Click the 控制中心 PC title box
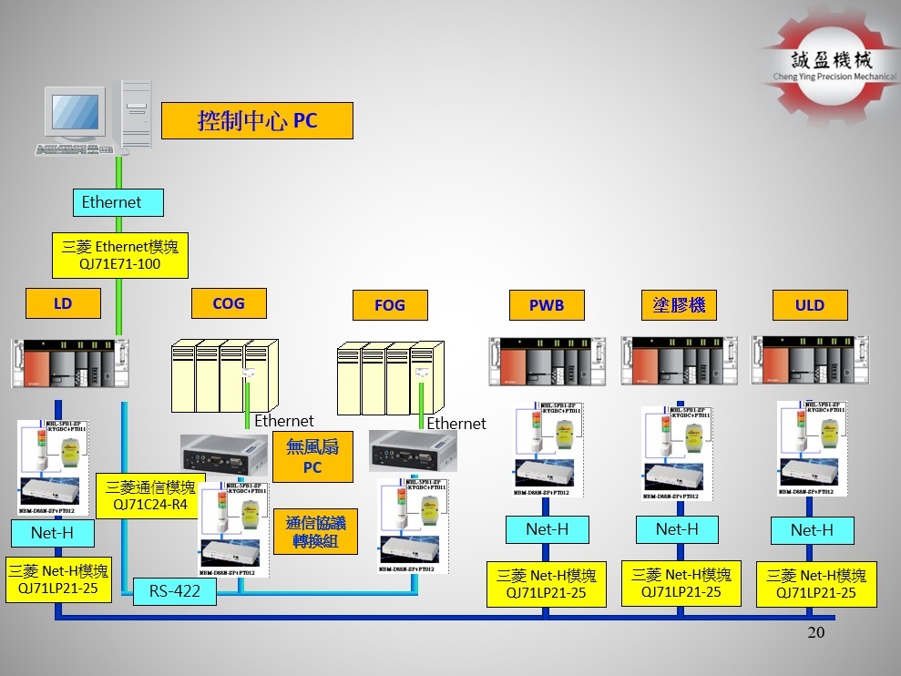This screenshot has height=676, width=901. click(257, 120)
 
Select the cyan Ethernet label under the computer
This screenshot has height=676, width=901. click(112, 202)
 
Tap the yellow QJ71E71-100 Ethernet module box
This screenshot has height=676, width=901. click(119, 254)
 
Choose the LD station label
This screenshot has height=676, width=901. click(62, 303)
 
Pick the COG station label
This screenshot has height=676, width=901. click(229, 303)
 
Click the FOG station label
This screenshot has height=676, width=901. click(389, 305)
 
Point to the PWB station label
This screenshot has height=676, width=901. click(546, 305)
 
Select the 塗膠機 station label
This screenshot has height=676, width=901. click(679, 304)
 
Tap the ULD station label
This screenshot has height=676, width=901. click(809, 305)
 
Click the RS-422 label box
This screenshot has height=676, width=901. click(175, 592)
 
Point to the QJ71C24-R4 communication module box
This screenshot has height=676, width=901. click(150, 495)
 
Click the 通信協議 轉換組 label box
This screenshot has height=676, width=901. click(315, 531)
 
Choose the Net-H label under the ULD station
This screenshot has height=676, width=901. click(812, 530)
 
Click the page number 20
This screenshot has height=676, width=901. click(815, 632)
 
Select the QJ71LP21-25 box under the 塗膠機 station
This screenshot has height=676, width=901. click(681, 583)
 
